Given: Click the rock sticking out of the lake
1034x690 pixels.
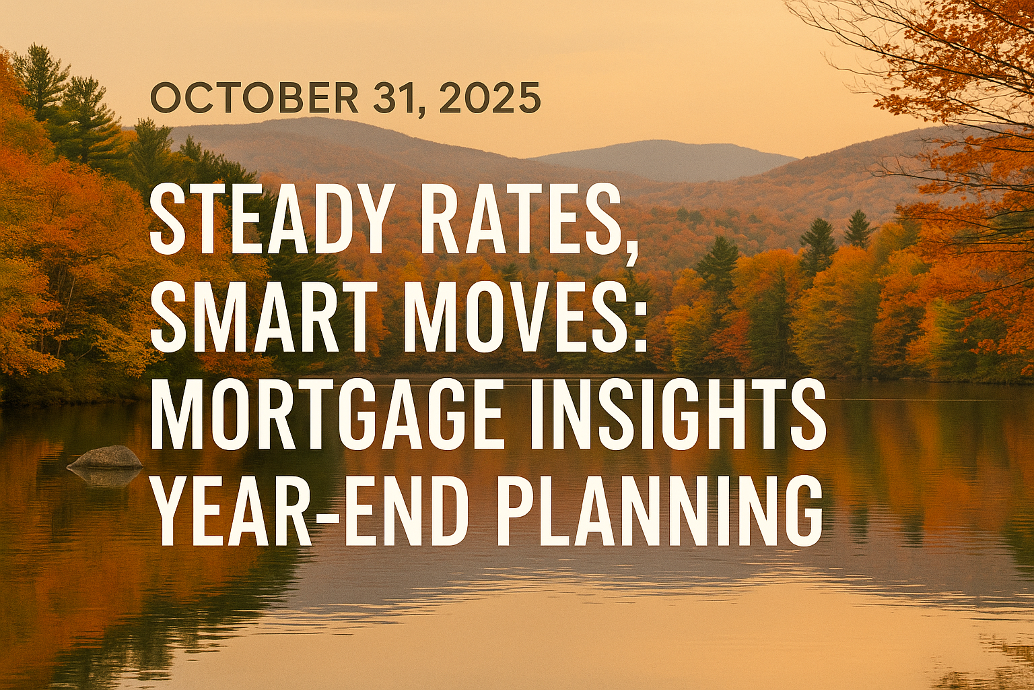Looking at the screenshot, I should coord(106,458).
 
